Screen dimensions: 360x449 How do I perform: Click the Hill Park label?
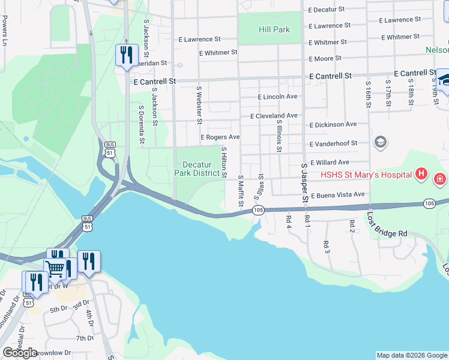274,29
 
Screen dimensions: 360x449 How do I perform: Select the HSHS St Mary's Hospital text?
366,175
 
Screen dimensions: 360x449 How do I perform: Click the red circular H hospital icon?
421,175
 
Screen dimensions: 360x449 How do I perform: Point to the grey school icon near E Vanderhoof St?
380,142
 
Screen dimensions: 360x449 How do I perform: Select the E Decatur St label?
327,10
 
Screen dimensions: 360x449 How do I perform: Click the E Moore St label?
325,58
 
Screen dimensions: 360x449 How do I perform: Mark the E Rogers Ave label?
220,137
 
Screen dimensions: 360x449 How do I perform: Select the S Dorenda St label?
142,125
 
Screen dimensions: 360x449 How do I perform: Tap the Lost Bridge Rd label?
387,225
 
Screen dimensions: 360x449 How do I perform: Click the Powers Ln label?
5,32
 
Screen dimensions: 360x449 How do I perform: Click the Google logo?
20,353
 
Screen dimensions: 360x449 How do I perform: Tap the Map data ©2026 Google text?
411,355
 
